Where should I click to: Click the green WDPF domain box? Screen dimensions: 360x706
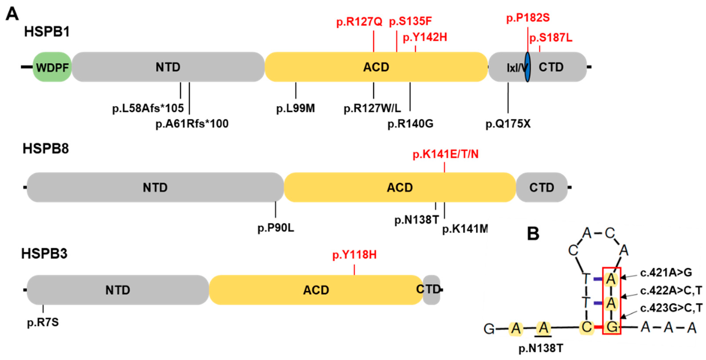[x=52, y=67]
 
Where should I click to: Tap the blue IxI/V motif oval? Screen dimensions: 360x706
[x=527, y=67]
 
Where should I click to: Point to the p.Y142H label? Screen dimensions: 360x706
[x=425, y=37]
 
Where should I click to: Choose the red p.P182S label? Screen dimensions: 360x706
[x=528, y=18]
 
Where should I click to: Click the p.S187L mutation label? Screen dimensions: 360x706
[x=551, y=38]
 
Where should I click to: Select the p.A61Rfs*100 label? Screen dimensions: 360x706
[x=192, y=124]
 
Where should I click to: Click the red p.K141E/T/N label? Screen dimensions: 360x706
[x=445, y=154]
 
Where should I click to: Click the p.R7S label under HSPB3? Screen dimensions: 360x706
[x=43, y=322]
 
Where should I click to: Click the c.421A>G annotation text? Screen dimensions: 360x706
[x=666, y=273]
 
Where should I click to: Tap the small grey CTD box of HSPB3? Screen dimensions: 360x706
[x=431, y=290]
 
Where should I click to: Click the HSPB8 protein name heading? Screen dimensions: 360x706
[x=45, y=149]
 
